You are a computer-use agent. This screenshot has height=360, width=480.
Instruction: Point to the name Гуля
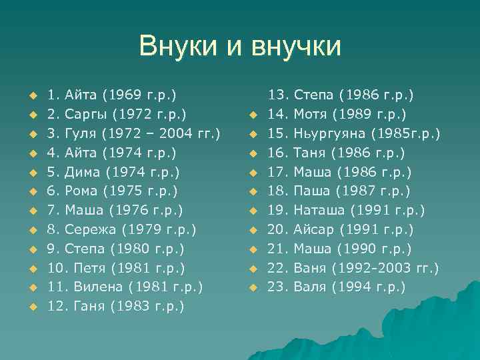click(x=81, y=133)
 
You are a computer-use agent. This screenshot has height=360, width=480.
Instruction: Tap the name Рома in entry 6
click(x=81, y=191)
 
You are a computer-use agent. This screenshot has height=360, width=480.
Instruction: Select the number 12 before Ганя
click(x=55, y=307)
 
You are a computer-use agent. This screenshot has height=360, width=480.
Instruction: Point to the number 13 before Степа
click(x=277, y=95)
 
